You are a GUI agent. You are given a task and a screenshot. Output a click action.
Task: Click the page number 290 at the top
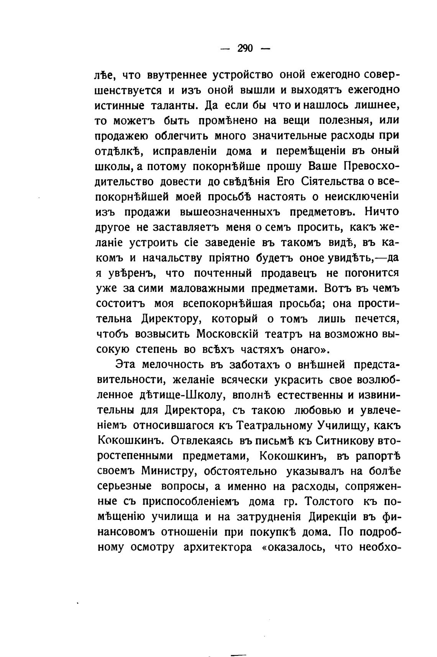(x=245, y=48)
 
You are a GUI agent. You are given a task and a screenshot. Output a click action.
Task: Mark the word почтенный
(x=223, y=273)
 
